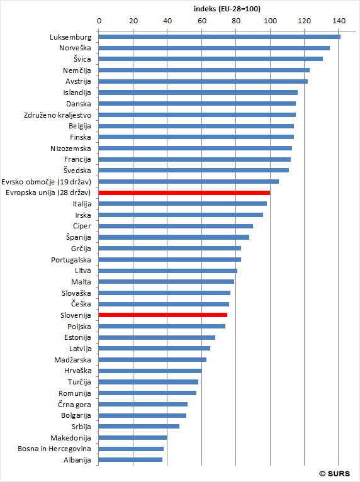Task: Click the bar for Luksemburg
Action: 220,37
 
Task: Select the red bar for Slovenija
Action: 163,315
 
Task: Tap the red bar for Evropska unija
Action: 184,193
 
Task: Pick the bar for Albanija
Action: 130,460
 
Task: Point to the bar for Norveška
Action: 214,48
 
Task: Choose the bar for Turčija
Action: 149,382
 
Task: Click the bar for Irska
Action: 181,215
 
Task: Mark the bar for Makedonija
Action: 133,438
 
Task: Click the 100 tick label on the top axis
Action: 270,21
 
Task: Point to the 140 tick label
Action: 339,21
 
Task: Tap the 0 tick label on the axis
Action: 99,21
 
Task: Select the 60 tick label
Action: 201,21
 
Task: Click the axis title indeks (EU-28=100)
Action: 227,9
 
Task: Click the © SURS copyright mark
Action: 334,474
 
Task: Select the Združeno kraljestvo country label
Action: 57,115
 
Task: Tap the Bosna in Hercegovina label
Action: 54,449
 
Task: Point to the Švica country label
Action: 82,59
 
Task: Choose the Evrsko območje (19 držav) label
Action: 46,182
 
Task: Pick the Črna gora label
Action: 74,405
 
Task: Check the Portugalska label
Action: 71,260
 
